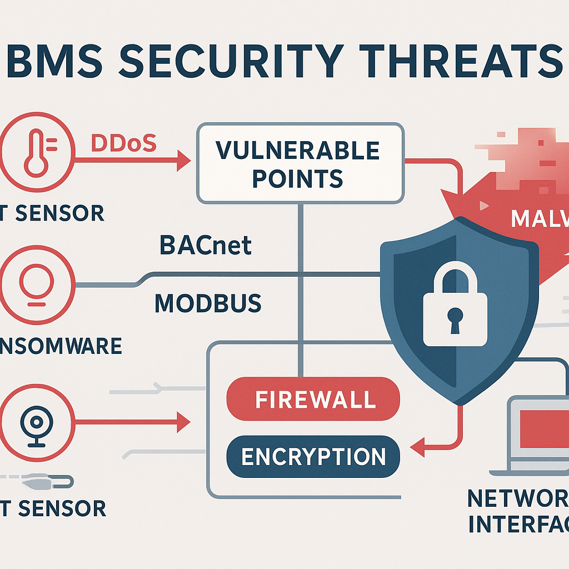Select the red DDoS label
123,144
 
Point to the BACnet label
206,245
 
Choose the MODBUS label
208,303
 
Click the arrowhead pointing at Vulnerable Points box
183,162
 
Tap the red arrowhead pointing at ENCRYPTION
415,443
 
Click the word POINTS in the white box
297,178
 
